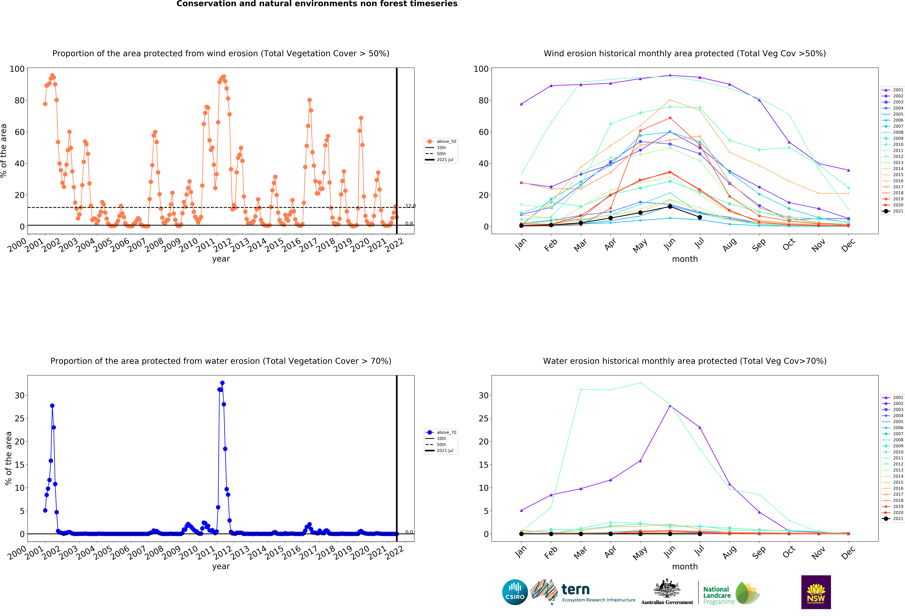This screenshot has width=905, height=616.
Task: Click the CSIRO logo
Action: point(515,592)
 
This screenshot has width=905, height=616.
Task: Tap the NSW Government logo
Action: point(816,592)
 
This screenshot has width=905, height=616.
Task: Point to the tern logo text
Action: point(576,590)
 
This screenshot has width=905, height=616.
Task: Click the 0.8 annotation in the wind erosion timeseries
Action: point(409,224)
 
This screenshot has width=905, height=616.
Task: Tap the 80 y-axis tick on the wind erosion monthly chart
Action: point(484,100)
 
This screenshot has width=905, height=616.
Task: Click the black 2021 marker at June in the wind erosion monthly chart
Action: point(670,207)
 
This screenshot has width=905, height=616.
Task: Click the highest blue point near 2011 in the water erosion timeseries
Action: point(222,383)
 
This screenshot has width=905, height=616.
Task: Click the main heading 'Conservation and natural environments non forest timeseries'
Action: point(317,4)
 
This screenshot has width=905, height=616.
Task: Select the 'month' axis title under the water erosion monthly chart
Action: point(685,567)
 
